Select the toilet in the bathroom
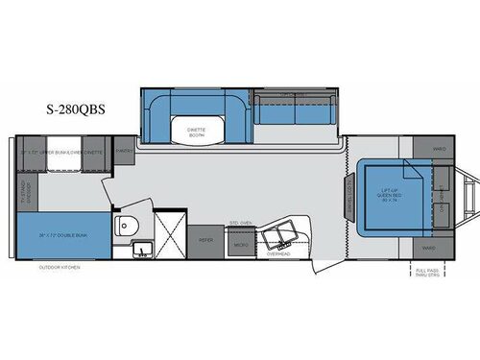[x=125, y=227]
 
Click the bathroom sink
[x=140, y=252]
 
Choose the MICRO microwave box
[x=239, y=246]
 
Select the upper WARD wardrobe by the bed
[x=439, y=150]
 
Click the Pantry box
[x=122, y=150]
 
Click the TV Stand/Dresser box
[x=23, y=189]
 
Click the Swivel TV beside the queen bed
[x=350, y=203]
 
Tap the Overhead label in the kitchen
[x=278, y=255]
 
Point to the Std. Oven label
[x=240, y=225]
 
